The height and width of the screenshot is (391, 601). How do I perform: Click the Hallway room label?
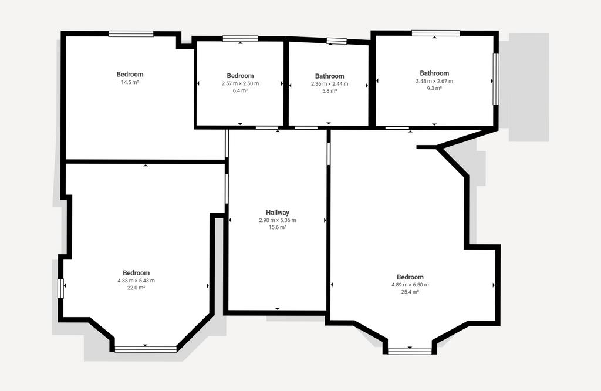point(278,213)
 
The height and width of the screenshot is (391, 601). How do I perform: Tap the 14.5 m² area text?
point(130,82)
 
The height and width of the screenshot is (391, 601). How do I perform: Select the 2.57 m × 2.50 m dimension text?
point(240,83)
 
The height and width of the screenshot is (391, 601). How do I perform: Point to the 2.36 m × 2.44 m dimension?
point(330,83)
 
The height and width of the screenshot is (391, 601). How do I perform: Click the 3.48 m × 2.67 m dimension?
point(434,81)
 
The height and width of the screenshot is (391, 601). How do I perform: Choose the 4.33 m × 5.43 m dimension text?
point(136,281)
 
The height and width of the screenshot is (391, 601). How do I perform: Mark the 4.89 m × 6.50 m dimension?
point(410,285)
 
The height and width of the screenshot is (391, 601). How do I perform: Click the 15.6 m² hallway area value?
point(278,227)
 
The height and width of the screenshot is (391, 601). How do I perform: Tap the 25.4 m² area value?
point(410,292)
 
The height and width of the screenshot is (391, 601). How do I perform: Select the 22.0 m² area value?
point(136,288)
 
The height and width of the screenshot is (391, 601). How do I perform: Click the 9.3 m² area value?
point(434,88)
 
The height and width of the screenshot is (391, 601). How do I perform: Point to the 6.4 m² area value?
point(240,90)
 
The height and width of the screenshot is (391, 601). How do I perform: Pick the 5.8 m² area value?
point(330,91)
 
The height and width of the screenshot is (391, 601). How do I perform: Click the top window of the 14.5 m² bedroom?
point(131,33)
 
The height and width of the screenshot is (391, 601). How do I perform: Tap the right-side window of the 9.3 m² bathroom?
point(496,79)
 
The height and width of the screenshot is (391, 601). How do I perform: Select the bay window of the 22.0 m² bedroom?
point(146,349)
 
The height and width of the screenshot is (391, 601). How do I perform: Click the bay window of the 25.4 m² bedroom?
point(410,351)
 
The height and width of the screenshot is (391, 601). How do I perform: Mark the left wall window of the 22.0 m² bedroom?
point(60,288)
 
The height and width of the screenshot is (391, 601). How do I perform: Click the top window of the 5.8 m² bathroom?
point(336,41)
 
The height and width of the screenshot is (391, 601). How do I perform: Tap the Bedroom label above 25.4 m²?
point(410,277)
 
